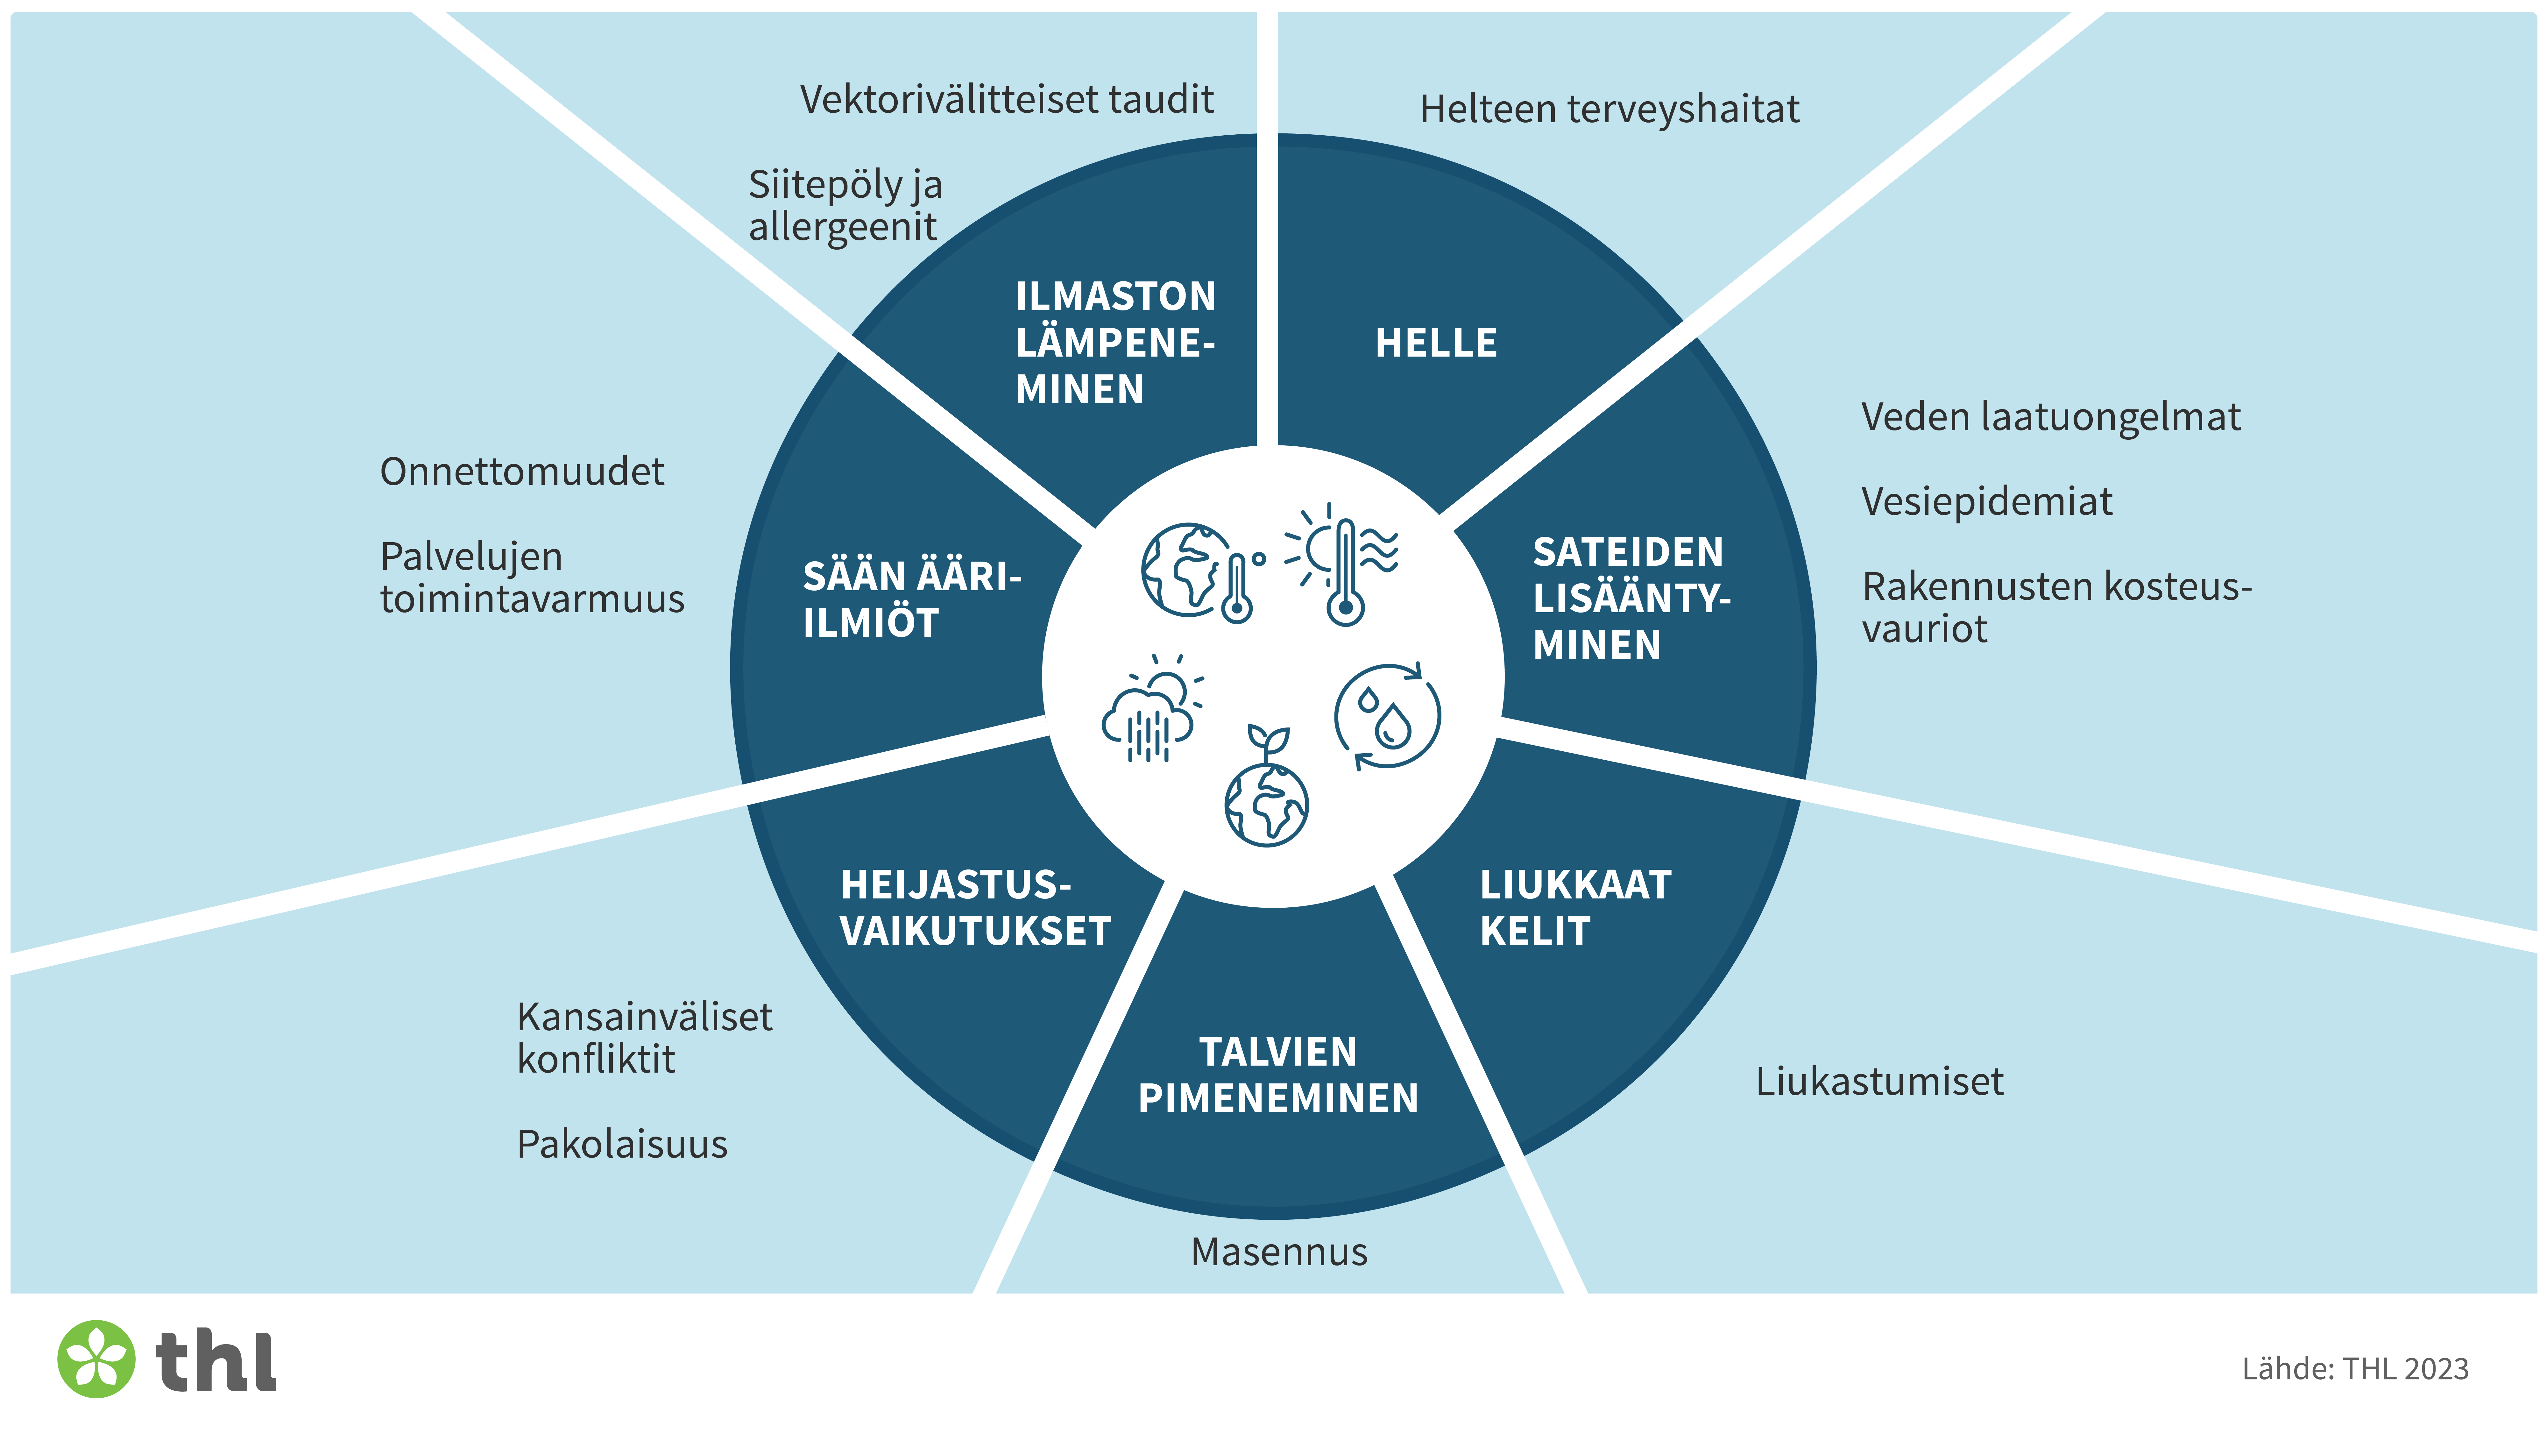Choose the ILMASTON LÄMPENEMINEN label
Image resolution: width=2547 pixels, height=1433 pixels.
pyautogui.click(x=1114, y=342)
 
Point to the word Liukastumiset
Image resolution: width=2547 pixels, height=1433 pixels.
pyautogui.click(x=1878, y=1082)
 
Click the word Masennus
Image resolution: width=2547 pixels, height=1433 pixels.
pyautogui.click(x=1278, y=1252)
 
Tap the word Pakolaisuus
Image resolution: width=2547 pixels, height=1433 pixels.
pyautogui.click(x=622, y=1144)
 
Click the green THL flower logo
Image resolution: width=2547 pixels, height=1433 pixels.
pyautogui.click(x=96, y=1359)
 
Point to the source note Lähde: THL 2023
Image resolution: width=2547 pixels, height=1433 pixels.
pyautogui.click(x=2354, y=1369)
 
